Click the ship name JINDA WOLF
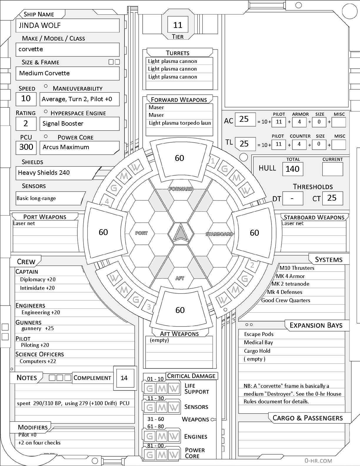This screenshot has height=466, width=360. pyautogui.click(x=40, y=26)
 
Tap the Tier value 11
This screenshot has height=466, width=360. pyautogui.click(x=178, y=25)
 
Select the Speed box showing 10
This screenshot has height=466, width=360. pyautogui.click(x=26, y=99)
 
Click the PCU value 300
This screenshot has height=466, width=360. pyautogui.click(x=26, y=147)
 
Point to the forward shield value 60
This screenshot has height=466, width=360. pyautogui.click(x=179, y=158)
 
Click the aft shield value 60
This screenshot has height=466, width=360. pyautogui.click(x=180, y=310)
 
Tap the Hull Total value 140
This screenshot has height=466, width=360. pyautogui.click(x=292, y=169)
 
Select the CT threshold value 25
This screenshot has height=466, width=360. pyautogui.click(x=332, y=198)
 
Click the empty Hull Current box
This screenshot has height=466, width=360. pyautogui.click(x=332, y=169)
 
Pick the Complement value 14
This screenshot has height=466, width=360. pyautogui.click(x=124, y=378)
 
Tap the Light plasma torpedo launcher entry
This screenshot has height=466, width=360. pyautogui.click(x=180, y=123)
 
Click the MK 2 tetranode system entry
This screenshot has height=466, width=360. pyautogui.click(x=290, y=284)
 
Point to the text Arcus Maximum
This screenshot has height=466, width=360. pyautogui.click(x=66, y=147)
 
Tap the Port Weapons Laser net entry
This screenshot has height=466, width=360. pyautogui.click(x=24, y=223)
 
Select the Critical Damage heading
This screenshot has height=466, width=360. pyautogui.click(x=191, y=376)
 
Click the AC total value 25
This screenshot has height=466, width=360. pyautogui.click(x=244, y=119)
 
